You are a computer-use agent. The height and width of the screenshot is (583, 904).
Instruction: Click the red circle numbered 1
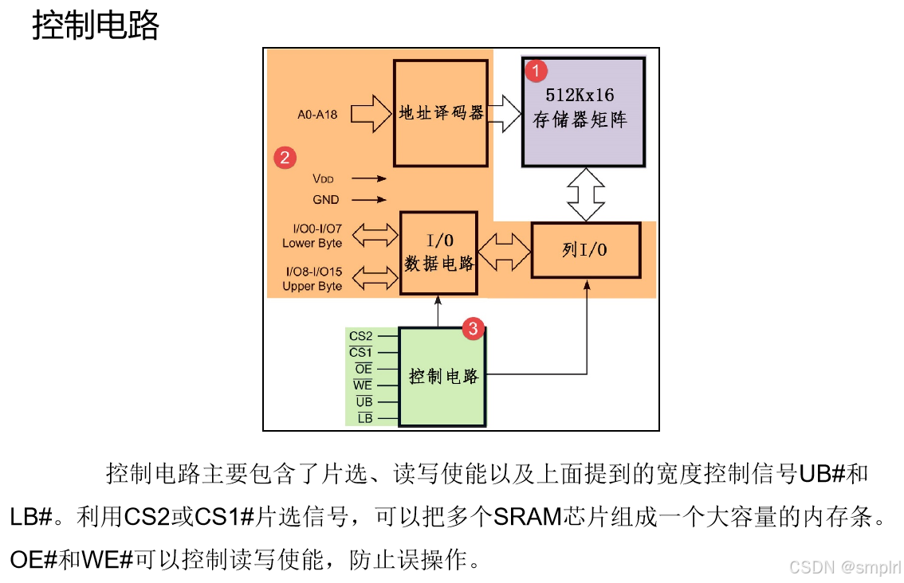pos(536,71)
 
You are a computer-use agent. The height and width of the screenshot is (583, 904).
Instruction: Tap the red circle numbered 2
pos(285,157)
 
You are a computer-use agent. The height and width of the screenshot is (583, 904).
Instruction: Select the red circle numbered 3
pos(473,328)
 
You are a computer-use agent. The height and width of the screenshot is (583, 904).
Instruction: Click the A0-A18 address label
pos(317,114)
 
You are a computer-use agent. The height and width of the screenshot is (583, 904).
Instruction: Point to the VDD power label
pos(323,178)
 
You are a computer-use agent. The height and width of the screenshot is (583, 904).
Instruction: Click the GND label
pos(326,199)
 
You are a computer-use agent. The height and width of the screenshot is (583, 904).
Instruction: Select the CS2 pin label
pos(361,336)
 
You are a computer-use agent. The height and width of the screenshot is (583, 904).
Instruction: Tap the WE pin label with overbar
pos(363,385)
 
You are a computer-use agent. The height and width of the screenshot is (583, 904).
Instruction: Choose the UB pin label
pos(364,401)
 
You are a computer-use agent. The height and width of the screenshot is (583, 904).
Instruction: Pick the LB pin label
pos(365,418)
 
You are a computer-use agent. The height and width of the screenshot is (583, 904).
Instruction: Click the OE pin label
pos(364,369)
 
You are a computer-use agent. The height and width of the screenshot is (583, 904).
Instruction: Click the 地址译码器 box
pos(441,113)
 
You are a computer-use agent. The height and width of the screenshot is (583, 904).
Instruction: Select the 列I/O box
pos(586,250)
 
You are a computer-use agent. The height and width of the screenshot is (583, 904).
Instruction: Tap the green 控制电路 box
pos(442,377)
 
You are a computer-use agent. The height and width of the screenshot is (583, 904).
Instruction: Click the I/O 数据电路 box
pos(438,253)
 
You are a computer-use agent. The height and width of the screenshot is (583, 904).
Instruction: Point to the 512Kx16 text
pos(580,95)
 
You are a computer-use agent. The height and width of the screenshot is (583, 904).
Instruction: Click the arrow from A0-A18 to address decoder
pos(371,113)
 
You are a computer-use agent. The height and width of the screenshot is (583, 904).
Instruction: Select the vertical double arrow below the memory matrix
pos(586,194)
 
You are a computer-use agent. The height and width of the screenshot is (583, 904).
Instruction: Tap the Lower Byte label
pos(312,243)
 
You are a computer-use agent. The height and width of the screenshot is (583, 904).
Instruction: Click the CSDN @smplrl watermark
pos(845,567)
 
